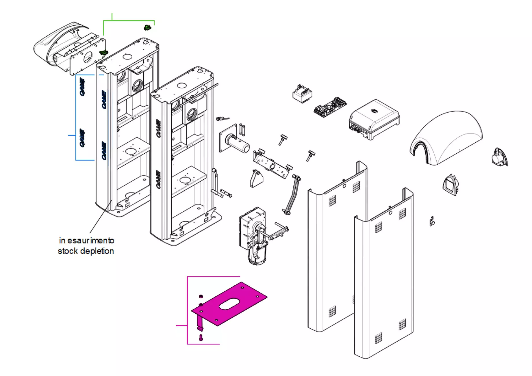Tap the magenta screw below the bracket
201,337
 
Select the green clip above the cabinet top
148,28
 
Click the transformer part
302,94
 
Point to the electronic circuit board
330,107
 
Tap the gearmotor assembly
253,234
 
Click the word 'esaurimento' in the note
91,241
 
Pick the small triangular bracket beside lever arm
256,179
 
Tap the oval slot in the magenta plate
229,304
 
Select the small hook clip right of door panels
432,221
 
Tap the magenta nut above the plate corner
201,296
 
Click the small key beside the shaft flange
222,118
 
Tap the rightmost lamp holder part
499,158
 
